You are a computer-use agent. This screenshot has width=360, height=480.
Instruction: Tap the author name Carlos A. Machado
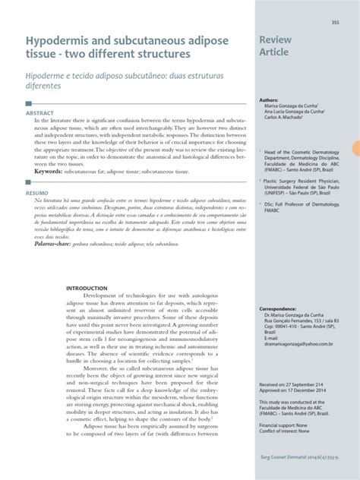point(282,118)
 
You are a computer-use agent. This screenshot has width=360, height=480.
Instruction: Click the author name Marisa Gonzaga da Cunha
point(291,106)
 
